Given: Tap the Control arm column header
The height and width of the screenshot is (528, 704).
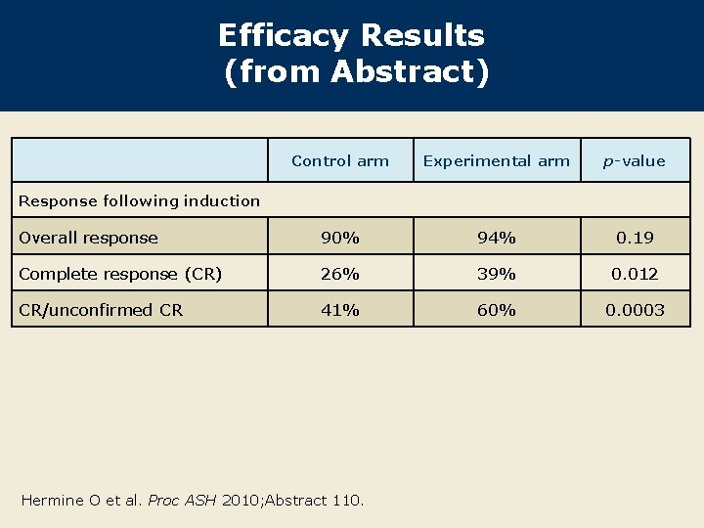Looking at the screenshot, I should click(340, 161).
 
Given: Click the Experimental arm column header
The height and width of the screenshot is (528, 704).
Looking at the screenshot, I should click(496, 161).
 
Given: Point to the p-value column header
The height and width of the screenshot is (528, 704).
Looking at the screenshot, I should click(635, 161).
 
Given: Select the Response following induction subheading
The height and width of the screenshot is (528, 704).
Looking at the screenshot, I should click(140, 200).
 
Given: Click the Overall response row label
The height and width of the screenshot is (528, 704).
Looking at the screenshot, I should click(88, 238).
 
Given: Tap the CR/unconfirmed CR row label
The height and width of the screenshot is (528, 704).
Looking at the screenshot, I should click(100, 310).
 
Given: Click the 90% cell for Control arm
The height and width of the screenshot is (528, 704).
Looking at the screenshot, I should click(340, 238).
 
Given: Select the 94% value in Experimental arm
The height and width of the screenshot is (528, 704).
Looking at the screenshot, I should click(496, 238).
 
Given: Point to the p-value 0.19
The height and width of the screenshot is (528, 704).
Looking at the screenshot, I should click(635, 238).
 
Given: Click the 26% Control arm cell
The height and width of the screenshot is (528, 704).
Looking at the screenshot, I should click(340, 274).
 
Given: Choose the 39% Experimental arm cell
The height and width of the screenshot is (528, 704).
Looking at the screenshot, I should click(496, 274).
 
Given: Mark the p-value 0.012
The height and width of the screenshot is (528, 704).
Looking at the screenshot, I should click(635, 274).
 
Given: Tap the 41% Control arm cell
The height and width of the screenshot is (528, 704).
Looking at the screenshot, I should click(340, 310).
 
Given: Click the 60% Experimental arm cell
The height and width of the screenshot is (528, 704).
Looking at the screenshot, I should click(496, 310).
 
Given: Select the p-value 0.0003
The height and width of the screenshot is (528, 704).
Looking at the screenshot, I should click(635, 310).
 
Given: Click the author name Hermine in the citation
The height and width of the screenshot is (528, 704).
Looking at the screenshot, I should click(52, 501).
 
